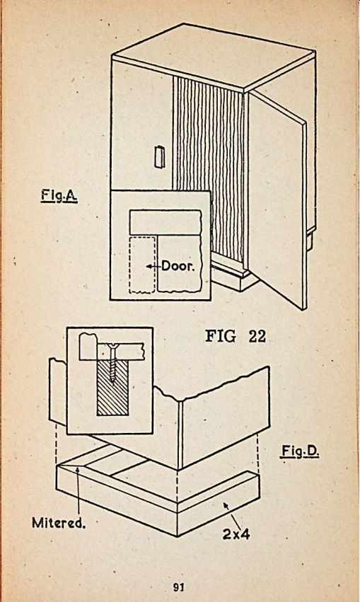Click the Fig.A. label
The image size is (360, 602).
pos(59,196)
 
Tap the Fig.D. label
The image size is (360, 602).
pos(300,451)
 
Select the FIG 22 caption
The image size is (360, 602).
pos(236,336)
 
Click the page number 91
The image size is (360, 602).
pos(179,587)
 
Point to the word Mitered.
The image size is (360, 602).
pos(58,523)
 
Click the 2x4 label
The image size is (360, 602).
pos(236,533)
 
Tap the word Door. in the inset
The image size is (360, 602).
pos(178,266)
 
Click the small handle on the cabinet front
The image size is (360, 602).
pos(159,156)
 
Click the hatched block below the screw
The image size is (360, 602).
pos(112,388)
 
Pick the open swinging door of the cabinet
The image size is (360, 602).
pos(277,199)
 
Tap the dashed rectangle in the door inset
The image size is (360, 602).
pos(142,265)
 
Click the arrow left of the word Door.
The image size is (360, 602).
pos(153,266)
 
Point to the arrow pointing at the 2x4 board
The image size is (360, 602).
pos(232,514)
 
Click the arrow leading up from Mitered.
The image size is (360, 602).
pos(78,489)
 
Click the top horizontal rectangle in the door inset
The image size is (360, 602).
pos(166,222)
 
